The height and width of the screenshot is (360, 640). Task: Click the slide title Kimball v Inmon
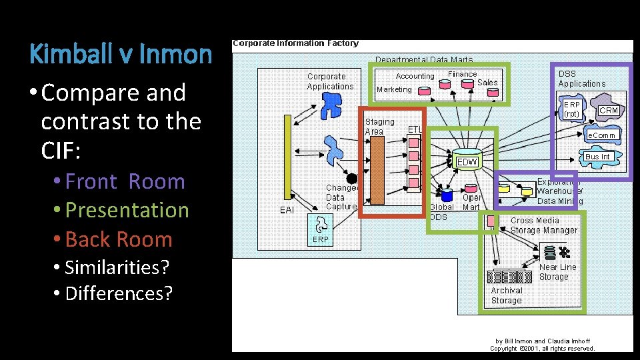pos(121,54)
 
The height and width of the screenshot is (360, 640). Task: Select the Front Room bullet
pos(125,181)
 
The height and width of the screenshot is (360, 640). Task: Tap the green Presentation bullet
pos(127,210)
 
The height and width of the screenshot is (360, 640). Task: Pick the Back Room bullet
pos(119,239)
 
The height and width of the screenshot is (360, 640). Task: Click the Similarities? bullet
pos(117,267)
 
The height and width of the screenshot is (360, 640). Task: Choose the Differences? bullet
pos(119,293)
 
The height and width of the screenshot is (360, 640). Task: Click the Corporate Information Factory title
pos(295,43)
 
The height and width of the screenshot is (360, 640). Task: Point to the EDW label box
pos(466,162)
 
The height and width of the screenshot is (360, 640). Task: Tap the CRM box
pos(609,110)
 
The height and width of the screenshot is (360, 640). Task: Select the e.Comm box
pos(601,135)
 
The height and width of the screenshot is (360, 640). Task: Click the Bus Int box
pos(597,157)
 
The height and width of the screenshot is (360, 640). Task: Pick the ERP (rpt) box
pos(572,109)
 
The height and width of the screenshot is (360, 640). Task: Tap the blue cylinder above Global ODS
pos(446,195)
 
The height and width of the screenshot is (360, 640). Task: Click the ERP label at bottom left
pos(321,239)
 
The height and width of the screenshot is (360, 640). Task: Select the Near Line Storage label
pos(557,271)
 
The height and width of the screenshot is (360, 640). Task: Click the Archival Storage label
pos(507,295)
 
